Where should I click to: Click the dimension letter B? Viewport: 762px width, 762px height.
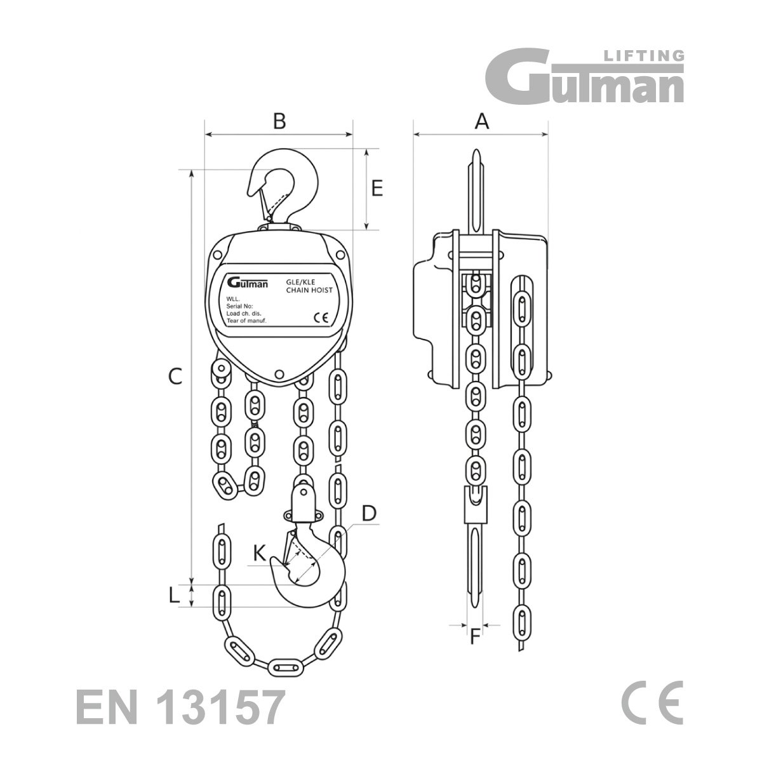click(279, 121)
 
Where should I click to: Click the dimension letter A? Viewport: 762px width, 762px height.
click(481, 121)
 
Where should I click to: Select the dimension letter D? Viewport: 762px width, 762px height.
click(369, 514)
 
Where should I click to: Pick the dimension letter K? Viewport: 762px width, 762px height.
click(260, 553)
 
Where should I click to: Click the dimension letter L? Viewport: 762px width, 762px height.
click(173, 596)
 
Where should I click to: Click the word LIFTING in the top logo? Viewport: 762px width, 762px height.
click(644, 56)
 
